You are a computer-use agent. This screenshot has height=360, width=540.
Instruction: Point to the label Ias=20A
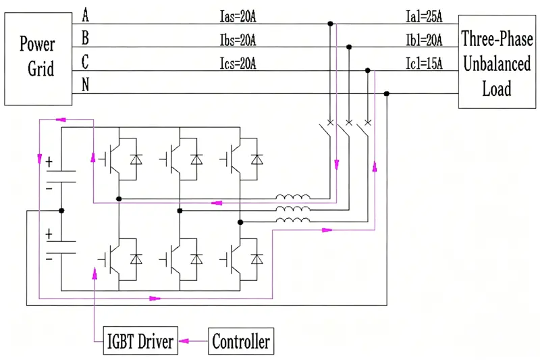tap(238, 16)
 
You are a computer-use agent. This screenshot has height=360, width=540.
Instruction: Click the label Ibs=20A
tap(238, 40)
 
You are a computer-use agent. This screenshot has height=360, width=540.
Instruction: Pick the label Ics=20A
tap(238, 63)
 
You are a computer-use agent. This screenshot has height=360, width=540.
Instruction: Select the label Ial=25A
tap(424, 16)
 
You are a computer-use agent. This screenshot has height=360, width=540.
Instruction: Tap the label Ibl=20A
tap(424, 40)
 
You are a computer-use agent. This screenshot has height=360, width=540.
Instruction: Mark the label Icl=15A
tap(424, 63)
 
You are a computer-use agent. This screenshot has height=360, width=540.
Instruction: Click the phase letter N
tap(86, 84)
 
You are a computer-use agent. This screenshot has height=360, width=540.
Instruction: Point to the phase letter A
tap(86, 15)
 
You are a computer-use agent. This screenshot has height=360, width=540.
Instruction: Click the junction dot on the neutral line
tap(387, 94)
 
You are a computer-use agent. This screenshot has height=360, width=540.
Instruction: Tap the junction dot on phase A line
tap(330, 24)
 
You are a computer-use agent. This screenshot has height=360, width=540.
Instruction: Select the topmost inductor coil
tap(293, 197)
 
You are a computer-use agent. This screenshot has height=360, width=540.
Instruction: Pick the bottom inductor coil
tap(293, 220)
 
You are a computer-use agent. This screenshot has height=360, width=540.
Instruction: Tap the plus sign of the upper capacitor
tap(49, 162)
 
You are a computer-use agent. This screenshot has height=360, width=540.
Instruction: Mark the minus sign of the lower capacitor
tap(49, 259)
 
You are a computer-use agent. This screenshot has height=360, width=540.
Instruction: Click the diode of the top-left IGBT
tap(136, 159)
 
